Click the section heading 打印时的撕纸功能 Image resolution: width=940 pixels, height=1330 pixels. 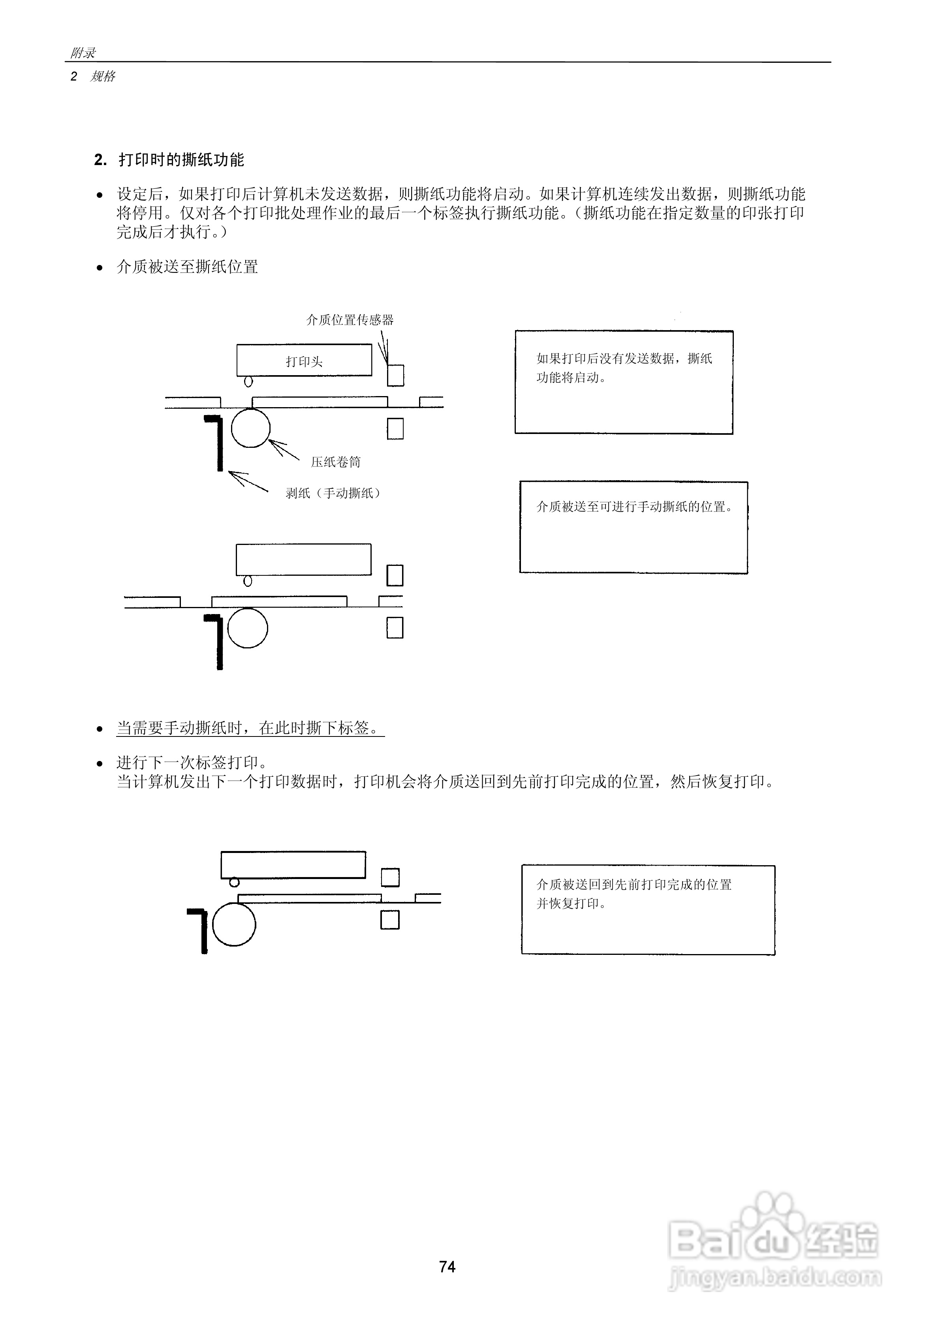tap(181, 160)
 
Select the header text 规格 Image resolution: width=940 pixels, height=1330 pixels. tap(103, 77)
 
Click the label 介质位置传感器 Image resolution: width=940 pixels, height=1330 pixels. tap(350, 320)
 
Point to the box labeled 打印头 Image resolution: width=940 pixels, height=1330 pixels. tap(304, 360)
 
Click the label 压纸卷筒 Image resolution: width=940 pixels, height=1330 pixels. tap(336, 462)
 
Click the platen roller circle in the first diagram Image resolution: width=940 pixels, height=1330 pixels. tap(250, 428)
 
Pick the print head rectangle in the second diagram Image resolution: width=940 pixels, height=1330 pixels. tap(303, 559)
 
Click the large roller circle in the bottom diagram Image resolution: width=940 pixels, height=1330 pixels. tap(233, 924)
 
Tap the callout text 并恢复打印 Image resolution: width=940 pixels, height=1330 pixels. tap(571, 903)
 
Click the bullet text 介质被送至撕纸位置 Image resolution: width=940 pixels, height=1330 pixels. tap(187, 267)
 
